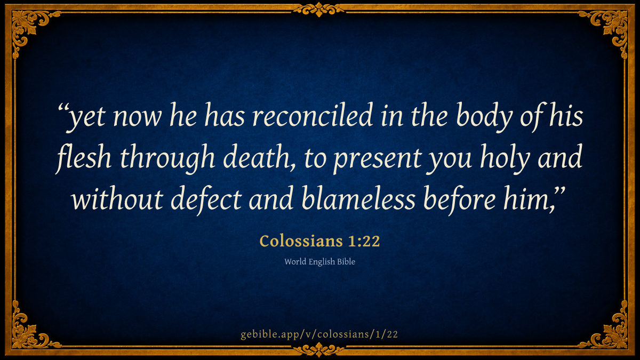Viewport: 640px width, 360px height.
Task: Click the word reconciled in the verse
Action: pyautogui.click(x=313, y=115)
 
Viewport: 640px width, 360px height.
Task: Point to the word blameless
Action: pyautogui.click(x=358, y=198)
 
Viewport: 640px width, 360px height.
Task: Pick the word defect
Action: pyautogui.click(x=206, y=199)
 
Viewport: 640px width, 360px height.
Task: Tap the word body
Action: pyautogui.click(x=484, y=117)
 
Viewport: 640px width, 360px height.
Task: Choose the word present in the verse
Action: pyautogui.click(x=378, y=159)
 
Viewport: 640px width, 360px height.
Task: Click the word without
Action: pyautogui.click(x=117, y=198)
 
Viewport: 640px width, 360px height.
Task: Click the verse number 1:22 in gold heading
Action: pyautogui.click(x=364, y=241)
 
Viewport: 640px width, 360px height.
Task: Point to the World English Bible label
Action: pyautogui.click(x=319, y=262)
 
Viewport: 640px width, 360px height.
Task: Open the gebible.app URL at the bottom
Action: pyautogui.click(x=319, y=334)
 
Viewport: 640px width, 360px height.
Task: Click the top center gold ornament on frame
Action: pyautogui.click(x=319, y=9)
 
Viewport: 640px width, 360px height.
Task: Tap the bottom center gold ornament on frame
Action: pyautogui.click(x=319, y=350)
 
